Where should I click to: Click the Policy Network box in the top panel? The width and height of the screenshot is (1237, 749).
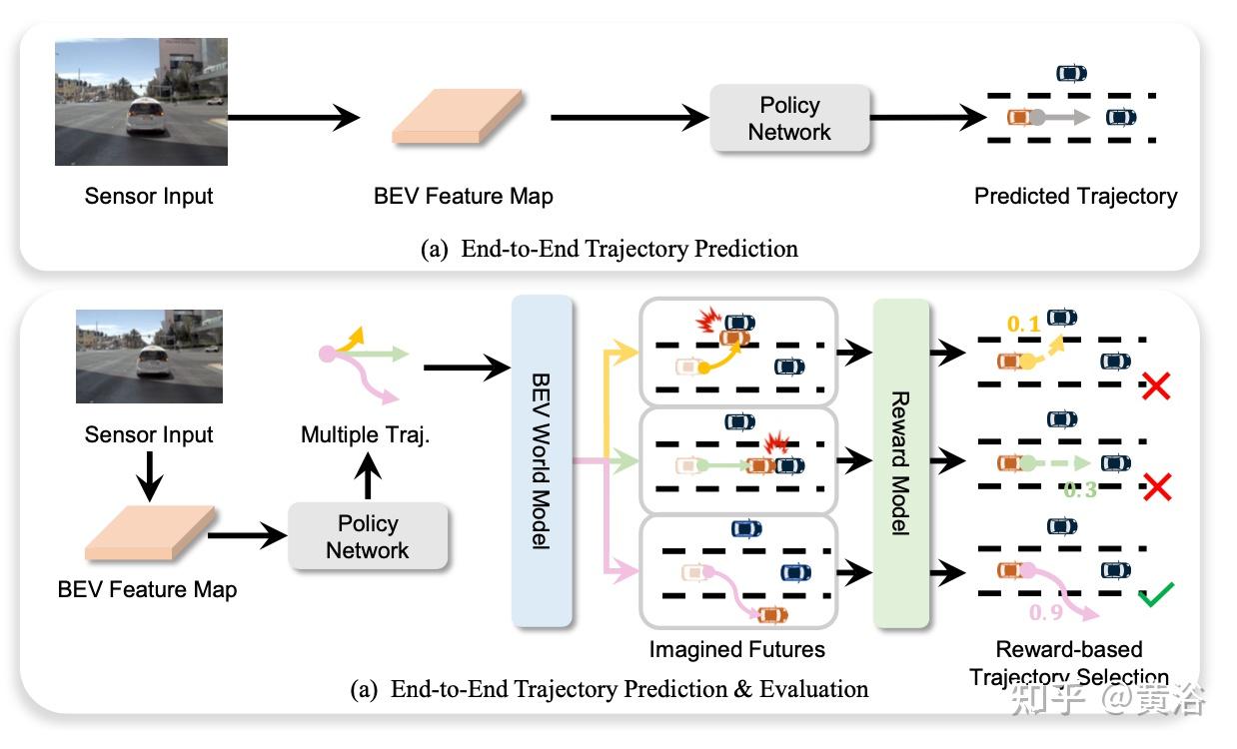click(789, 118)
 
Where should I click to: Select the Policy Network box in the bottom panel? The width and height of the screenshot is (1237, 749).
click(368, 536)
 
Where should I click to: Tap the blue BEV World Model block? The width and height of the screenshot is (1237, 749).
click(542, 461)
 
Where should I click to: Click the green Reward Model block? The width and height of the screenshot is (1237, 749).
click(900, 463)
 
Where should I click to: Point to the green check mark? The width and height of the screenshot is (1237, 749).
click(1156, 594)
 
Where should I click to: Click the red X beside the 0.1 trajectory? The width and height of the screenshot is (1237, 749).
click(1156, 385)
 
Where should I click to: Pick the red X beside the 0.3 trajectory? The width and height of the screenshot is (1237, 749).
click(1157, 486)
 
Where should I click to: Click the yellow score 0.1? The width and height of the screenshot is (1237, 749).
click(1023, 324)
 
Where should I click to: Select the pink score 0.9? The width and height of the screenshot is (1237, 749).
click(1046, 612)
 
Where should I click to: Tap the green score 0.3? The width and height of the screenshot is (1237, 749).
click(1080, 489)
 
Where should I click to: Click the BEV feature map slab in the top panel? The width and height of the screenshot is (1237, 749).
click(458, 117)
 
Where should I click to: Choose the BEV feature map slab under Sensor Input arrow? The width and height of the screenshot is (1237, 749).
click(150, 533)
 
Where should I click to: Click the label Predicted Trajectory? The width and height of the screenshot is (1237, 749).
click(1076, 197)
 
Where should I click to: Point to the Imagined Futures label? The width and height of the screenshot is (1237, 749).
click(737, 649)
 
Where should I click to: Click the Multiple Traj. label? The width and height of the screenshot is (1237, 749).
click(365, 435)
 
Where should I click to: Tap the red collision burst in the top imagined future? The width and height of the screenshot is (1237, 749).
click(708, 321)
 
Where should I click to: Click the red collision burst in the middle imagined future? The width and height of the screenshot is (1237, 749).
click(777, 442)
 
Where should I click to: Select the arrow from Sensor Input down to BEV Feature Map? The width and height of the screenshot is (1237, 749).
click(149, 476)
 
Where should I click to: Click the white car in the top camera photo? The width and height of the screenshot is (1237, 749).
click(145, 116)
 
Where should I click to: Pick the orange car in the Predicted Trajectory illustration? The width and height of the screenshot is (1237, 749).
click(1019, 117)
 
